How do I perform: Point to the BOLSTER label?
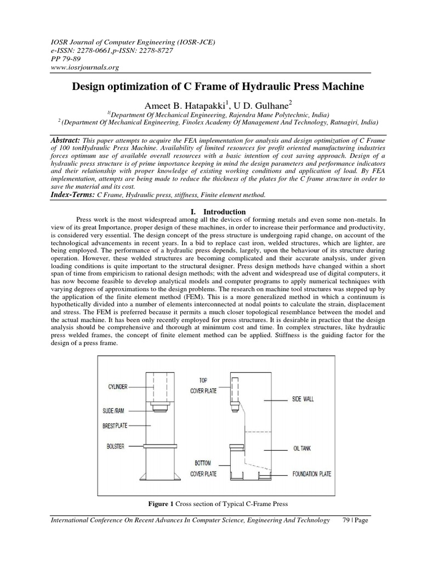point(115,447)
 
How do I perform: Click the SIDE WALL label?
point(303,400)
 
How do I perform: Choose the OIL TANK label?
point(301,448)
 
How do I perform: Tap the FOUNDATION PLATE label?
point(311,473)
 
